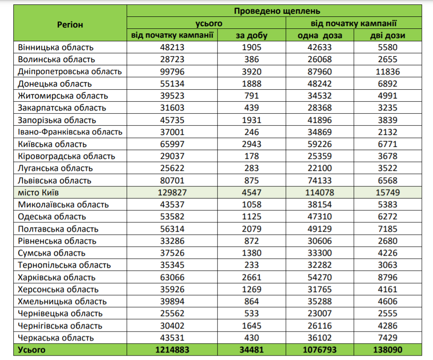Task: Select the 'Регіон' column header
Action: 70,24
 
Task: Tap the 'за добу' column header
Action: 251,36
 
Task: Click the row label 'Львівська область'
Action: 55,181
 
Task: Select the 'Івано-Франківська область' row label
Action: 70,132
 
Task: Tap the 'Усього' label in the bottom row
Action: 32,350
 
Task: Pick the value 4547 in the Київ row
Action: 251,193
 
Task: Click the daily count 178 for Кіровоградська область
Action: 251,156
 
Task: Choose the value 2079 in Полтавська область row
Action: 251,229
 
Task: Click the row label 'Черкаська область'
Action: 56,338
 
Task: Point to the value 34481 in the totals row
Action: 251,350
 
